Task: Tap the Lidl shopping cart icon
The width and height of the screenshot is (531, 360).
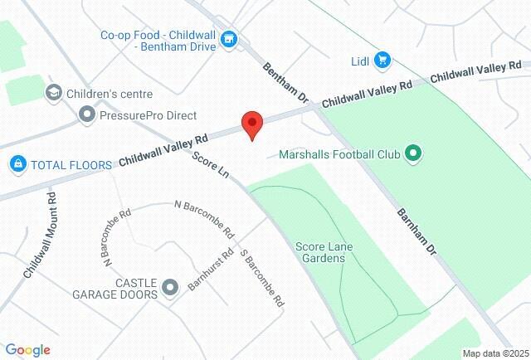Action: point(382,60)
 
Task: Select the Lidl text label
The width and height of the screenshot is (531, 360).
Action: point(359,60)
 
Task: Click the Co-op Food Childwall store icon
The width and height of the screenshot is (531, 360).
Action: point(231,39)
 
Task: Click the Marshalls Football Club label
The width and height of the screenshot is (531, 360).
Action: point(339,153)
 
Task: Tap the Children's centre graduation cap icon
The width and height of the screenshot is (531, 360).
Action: point(54,92)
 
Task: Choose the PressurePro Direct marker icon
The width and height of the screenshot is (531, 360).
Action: point(86,114)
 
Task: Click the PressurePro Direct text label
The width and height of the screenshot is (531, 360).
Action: point(148,114)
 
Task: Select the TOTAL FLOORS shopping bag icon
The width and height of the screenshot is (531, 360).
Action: point(17,164)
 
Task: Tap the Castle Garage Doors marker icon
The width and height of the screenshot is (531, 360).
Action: point(170,288)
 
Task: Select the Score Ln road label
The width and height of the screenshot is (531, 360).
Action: point(211,167)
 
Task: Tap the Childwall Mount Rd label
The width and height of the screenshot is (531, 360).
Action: point(40,236)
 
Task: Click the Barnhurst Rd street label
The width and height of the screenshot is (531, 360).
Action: point(210,267)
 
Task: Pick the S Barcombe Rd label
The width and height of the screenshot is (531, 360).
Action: point(262,278)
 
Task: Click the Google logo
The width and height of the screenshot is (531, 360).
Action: point(27,350)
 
